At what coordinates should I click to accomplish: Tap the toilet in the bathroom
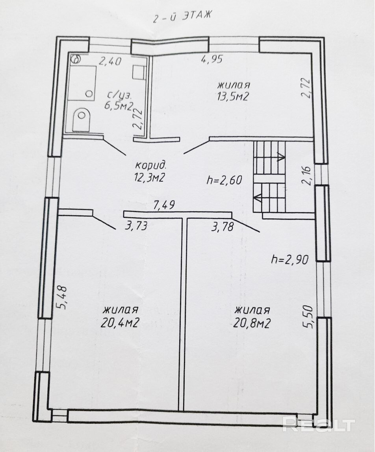point(82,119)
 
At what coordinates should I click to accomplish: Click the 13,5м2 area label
point(233,96)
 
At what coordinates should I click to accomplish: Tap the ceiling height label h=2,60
point(224,180)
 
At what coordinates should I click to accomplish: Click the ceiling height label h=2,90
point(290,260)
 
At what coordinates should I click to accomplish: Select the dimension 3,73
point(136,225)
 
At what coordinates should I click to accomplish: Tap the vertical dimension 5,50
point(308,317)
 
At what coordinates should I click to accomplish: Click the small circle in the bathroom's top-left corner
point(76,59)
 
